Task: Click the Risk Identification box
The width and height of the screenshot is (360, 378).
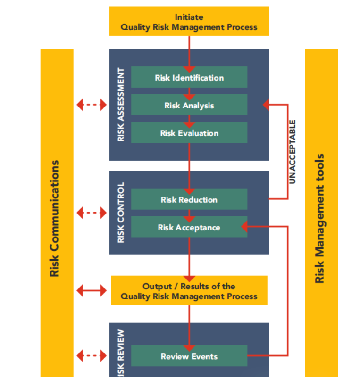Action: [x=189, y=78]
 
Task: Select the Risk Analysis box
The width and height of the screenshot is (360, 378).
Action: [x=189, y=105]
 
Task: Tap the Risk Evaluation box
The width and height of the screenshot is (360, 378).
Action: [x=189, y=133]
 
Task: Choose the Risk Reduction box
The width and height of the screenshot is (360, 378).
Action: [x=189, y=199]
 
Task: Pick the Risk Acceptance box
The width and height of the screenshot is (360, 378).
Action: [x=189, y=227]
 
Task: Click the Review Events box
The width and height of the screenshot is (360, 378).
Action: [x=189, y=356]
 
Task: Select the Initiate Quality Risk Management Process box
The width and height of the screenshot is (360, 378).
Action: [x=189, y=22]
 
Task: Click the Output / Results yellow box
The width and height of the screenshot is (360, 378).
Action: [x=189, y=291]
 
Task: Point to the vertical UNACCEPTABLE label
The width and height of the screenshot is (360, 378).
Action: [x=293, y=151]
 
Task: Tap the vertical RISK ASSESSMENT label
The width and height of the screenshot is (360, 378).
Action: [x=121, y=105]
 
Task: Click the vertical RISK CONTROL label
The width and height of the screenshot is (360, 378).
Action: [x=121, y=213]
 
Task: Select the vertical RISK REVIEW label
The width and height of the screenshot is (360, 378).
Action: [x=121, y=352]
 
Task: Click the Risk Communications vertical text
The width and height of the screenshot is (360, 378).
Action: [x=55, y=218]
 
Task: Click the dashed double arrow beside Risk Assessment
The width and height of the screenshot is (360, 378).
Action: [x=92, y=105]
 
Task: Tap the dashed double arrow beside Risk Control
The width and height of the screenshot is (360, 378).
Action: [x=92, y=213]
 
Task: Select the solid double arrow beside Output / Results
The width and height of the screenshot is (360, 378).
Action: [x=92, y=291]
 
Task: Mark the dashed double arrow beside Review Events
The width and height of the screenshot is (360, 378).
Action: [x=92, y=355]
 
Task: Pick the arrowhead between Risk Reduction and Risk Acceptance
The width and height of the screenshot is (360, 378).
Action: [x=189, y=218]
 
